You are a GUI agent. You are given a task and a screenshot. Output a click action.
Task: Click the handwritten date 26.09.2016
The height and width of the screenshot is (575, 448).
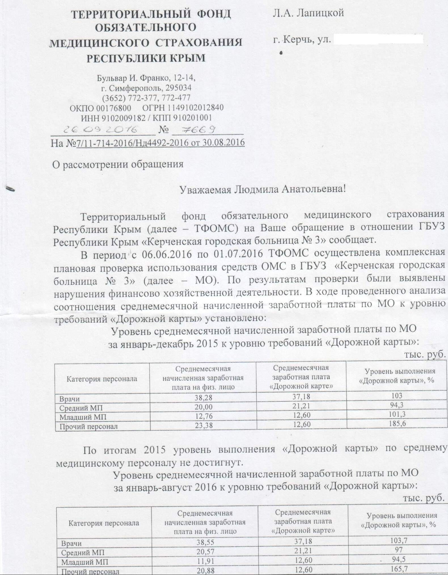click(101, 130)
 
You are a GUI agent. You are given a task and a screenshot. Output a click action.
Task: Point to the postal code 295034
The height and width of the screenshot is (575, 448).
click(178, 88)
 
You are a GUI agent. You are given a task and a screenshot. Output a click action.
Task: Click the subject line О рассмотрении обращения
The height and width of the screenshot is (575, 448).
click(118, 164)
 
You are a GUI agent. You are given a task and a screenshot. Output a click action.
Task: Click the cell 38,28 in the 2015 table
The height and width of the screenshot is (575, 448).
click(203, 398)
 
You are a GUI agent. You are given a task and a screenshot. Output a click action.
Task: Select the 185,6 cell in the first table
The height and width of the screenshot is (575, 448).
click(398, 424)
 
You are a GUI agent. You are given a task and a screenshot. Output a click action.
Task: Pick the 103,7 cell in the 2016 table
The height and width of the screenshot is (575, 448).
click(398, 541)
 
